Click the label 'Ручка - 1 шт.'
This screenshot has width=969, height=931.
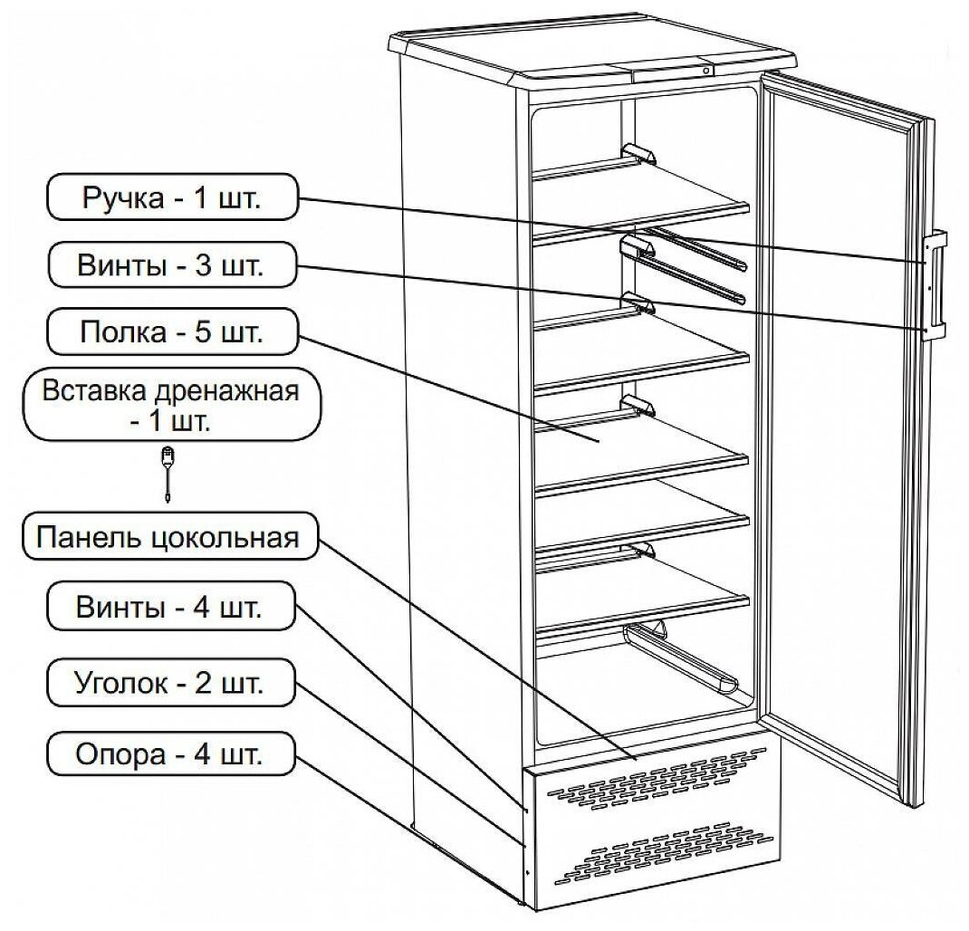click(172, 197)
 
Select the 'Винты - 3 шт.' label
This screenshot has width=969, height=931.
click(172, 265)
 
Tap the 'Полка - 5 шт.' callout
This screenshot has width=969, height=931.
click(172, 332)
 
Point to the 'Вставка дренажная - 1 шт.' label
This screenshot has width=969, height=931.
click(172, 403)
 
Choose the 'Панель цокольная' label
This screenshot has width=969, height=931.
click(168, 538)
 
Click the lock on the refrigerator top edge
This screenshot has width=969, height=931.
click(705, 70)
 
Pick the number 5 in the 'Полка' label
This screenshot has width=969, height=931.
click(201, 333)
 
